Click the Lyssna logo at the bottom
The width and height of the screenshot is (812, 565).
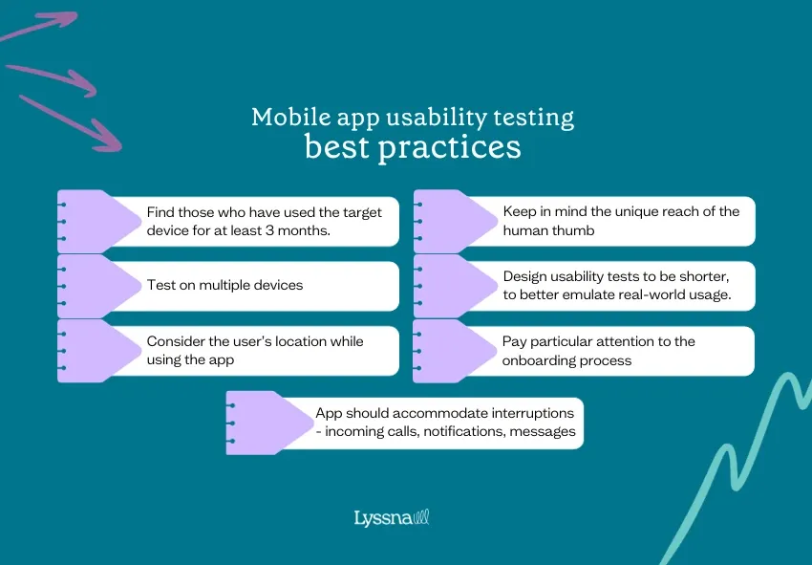(392, 518)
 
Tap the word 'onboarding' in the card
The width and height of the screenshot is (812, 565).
(539, 360)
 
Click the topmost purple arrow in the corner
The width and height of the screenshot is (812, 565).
(43, 26)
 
